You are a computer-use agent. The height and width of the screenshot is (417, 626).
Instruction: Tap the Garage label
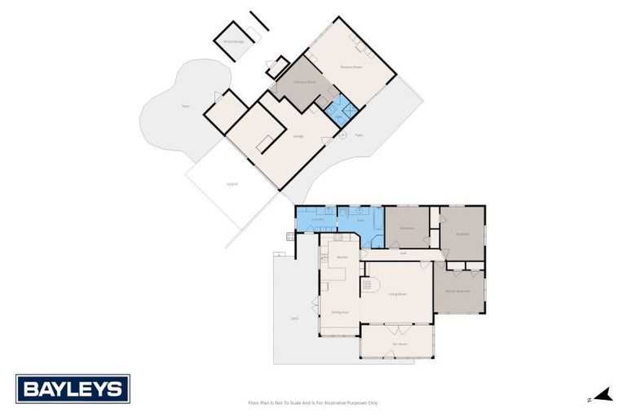pyautogui.click(x=298, y=136)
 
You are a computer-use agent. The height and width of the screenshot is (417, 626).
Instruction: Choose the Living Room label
pyautogui.click(x=397, y=294)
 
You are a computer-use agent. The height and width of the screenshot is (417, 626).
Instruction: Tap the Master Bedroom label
pyautogui.click(x=458, y=291)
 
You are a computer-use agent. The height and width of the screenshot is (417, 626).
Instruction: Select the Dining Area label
pyautogui.click(x=340, y=312)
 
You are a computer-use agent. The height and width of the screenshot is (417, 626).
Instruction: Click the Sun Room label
pyautogui.click(x=399, y=345)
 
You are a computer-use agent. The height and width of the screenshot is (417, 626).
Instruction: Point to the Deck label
pyautogui.click(x=293, y=318)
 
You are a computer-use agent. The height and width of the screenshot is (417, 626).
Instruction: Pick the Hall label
pyautogui.click(x=403, y=253)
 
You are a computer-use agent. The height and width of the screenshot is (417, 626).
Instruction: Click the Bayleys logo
pyautogui.click(x=73, y=388)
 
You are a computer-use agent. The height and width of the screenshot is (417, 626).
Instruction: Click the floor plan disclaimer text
pyautogui.click(x=313, y=402)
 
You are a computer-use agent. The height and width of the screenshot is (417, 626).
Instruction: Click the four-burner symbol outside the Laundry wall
pyautogui.click(x=289, y=237)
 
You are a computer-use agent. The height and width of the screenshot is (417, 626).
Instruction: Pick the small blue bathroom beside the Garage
pyautogui.click(x=339, y=112)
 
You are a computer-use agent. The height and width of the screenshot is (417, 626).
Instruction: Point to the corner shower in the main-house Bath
pyautogui.click(x=376, y=239)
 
